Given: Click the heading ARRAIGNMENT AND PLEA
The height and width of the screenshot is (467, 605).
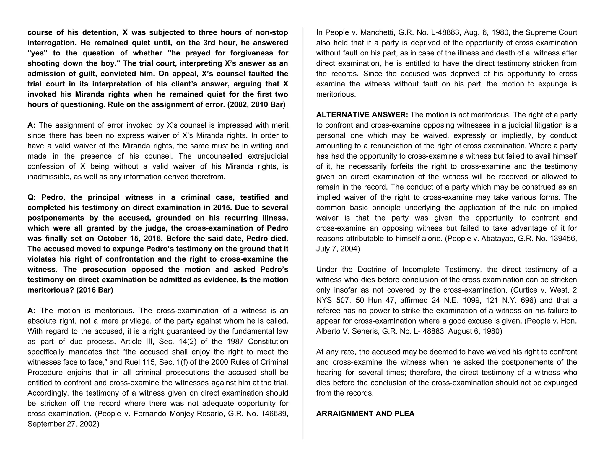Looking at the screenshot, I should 365,414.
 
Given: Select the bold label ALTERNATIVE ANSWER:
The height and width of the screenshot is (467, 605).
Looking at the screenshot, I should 362,115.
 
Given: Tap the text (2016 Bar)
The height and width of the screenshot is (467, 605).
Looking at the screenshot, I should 95,290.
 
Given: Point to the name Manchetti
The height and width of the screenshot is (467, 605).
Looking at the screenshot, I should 377,32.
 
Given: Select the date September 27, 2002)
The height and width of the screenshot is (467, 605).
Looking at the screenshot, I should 63,424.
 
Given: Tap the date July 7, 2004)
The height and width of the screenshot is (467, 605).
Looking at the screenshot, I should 338,249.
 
